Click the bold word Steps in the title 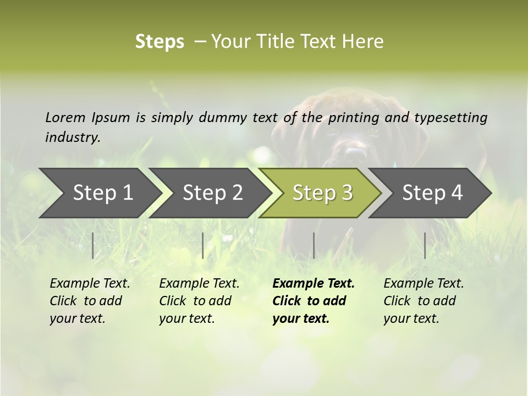click(x=159, y=41)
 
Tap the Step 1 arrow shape click(x=99, y=193)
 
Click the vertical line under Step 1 click(x=92, y=245)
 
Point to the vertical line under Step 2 click(x=203, y=245)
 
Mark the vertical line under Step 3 click(x=313, y=245)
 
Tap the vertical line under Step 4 click(x=425, y=245)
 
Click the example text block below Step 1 click(x=90, y=301)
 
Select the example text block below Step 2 click(x=199, y=301)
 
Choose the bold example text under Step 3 click(x=313, y=301)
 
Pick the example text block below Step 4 click(x=424, y=301)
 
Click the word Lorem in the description click(x=65, y=117)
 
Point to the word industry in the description click(x=72, y=137)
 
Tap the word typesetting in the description click(x=450, y=118)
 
